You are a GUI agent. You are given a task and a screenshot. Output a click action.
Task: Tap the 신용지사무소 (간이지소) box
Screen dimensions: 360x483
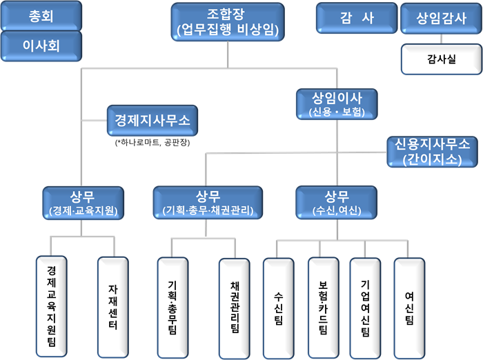click(x=431, y=151)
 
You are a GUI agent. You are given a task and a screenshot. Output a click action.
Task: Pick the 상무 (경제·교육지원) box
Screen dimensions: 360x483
click(x=83, y=201)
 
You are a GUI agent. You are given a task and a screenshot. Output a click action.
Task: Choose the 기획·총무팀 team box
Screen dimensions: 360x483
click(x=172, y=307)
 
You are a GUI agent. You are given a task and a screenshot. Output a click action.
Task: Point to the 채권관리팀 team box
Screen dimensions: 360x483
click(x=234, y=307)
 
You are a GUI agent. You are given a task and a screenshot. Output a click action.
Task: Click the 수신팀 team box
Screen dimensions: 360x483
click(x=278, y=307)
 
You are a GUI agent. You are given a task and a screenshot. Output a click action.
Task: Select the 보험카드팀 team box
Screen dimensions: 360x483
click(x=322, y=307)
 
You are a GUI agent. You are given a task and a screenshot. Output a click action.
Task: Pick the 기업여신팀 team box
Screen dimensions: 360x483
click(x=365, y=307)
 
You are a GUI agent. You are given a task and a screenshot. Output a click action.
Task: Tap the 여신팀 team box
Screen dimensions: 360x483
click(x=409, y=307)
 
